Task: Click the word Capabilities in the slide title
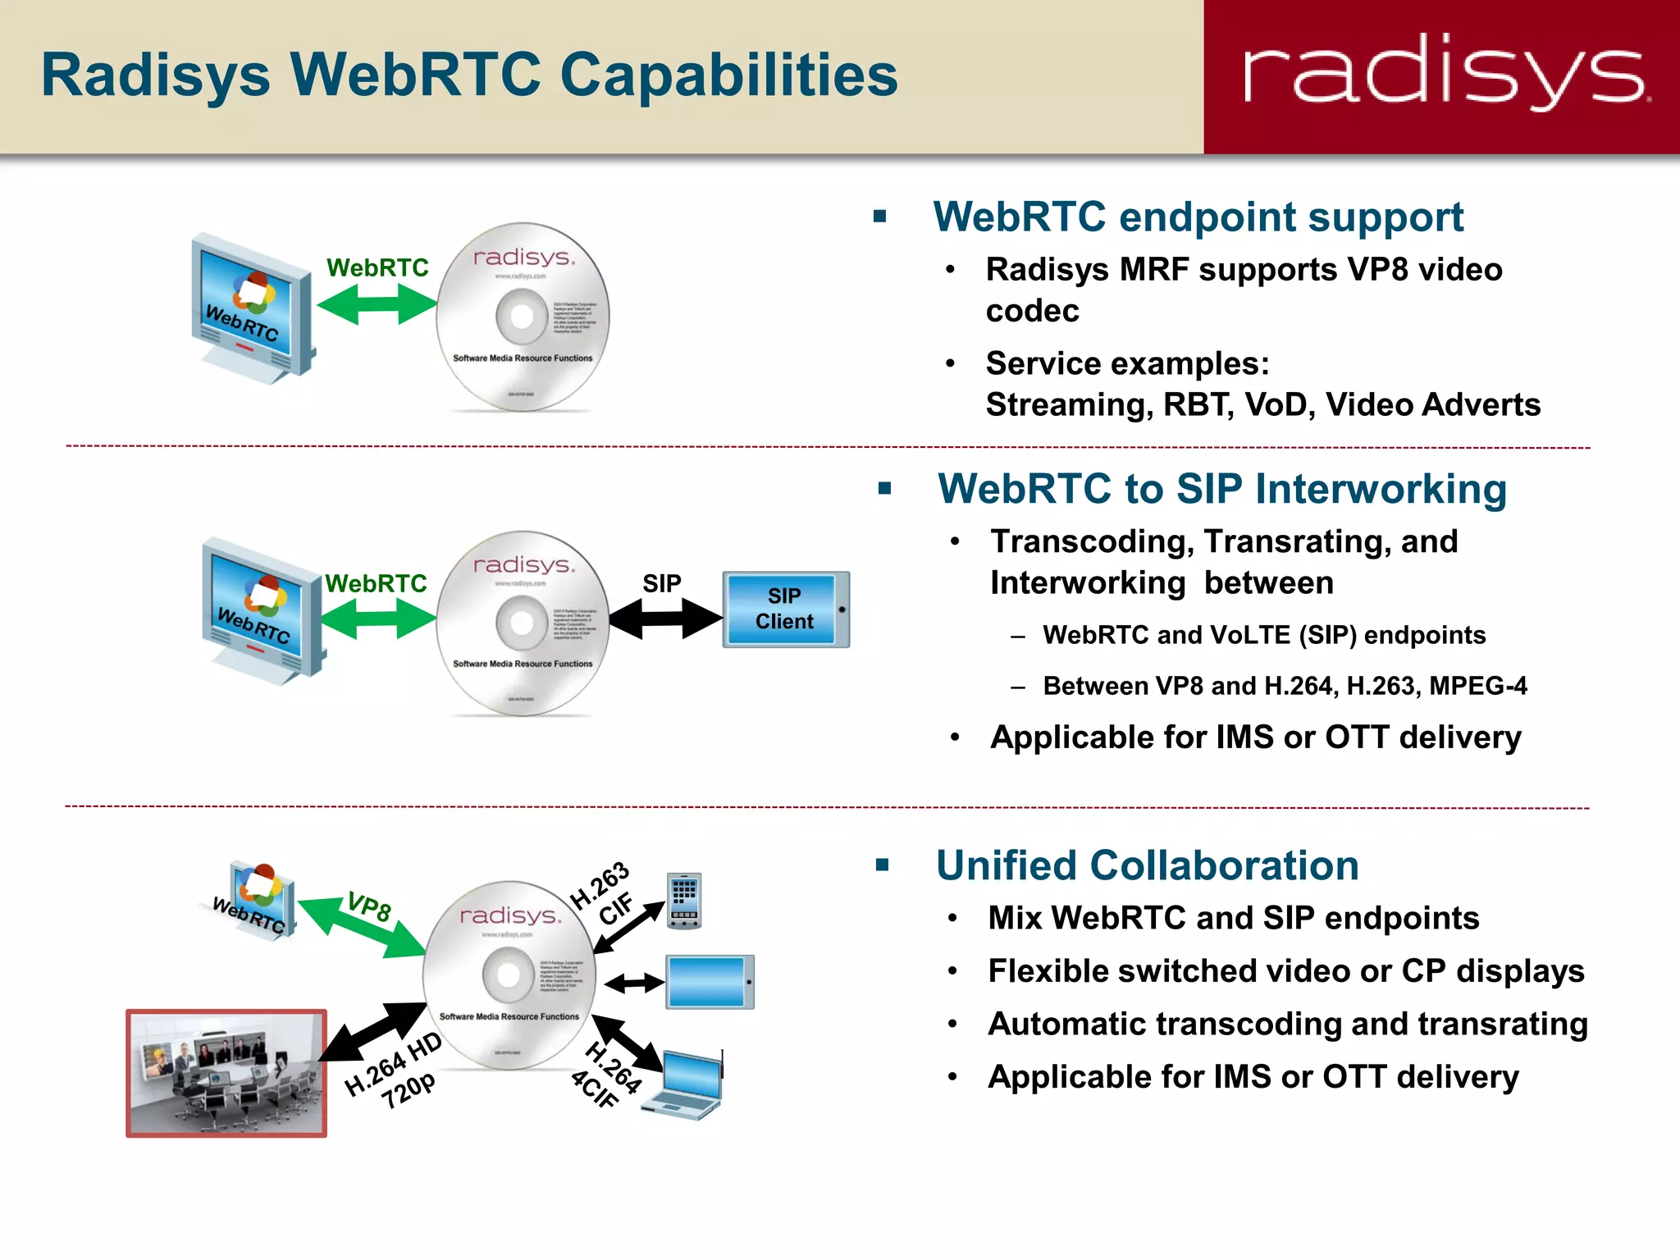point(728,75)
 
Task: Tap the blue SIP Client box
point(785,609)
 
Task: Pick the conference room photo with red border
point(226,1073)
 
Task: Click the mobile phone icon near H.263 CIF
point(684,901)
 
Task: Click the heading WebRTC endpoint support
point(1198,217)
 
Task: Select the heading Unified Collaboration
point(1147,865)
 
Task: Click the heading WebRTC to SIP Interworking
point(1221,489)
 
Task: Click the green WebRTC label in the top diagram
point(377,267)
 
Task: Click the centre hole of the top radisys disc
point(523,316)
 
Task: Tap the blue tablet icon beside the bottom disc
point(710,982)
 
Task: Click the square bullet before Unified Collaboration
point(883,865)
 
